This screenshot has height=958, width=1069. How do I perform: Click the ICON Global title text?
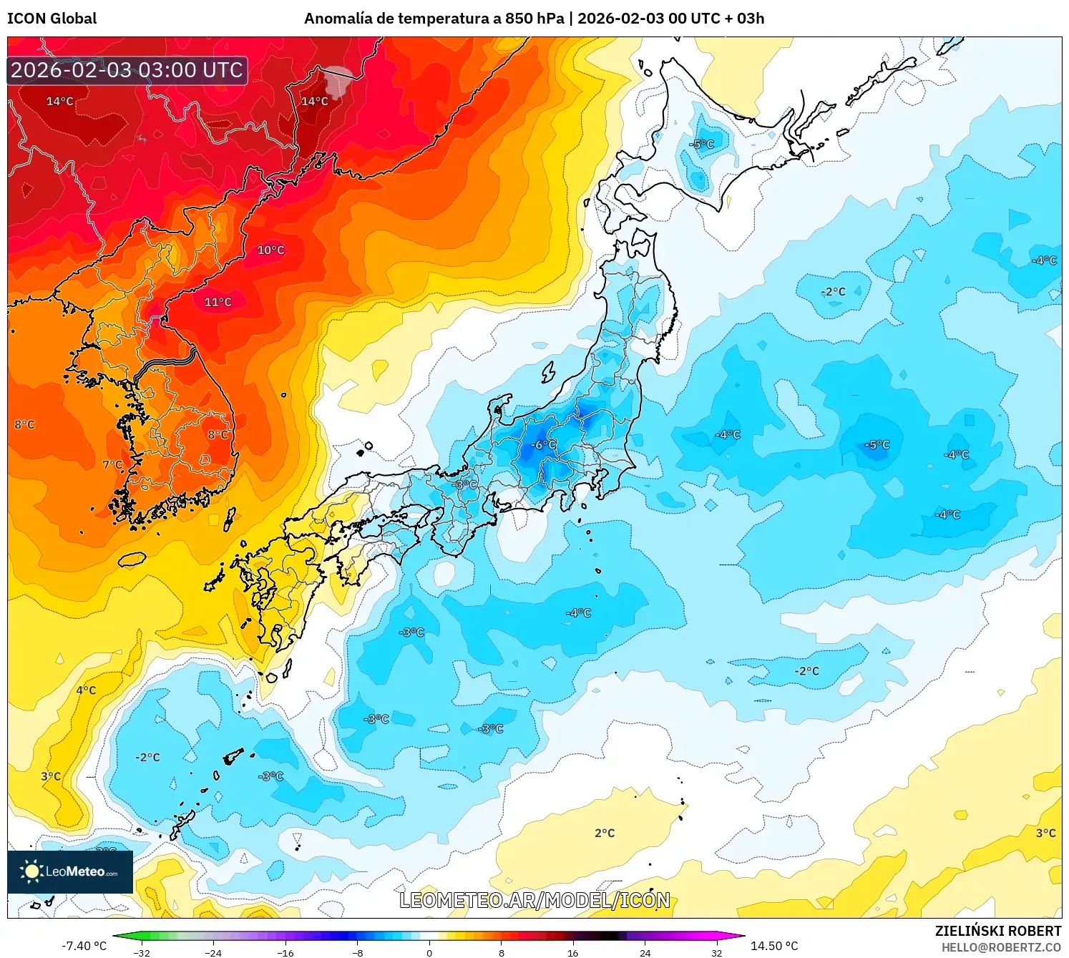pyautogui.click(x=52, y=19)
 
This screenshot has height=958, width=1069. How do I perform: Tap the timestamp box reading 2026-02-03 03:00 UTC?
pyautogui.click(x=127, y=70)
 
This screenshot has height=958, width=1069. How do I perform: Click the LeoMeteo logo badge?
pyautogui.click(x=70, y=871)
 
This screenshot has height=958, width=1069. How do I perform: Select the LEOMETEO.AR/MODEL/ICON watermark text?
pyautogui.click(x=534, y=900)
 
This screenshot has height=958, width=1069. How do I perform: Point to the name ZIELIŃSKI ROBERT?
pyautogui.click(x=998, y=931)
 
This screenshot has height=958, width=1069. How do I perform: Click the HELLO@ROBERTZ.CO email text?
pyautogui.click(x=1001, y=947)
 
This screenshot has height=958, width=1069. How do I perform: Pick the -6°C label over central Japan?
pyautogui.click(x=543, y=445)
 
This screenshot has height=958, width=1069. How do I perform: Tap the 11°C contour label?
pyautogui.click(x=218, y=302)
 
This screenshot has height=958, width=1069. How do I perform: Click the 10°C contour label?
pyautogui.click(x=271, y=250)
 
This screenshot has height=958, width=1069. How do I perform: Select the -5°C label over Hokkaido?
pyautogui.click(x=702, y=144)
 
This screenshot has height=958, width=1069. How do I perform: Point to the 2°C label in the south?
pyautogui.click(x=605, y=833)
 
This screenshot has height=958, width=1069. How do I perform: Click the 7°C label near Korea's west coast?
pyautogui.click(x=112, y=464)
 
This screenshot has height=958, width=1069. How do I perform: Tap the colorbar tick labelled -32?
pyautogui.click(x=142, y=952)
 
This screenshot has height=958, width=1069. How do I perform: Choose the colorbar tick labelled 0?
pyautogui.click(x=429, y=952)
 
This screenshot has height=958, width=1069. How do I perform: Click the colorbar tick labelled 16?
pyautogui.click(x=572, y=952)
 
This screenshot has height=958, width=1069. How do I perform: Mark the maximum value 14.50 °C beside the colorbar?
pyautogui.click(x=774, y=946)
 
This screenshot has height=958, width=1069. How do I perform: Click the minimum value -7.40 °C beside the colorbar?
pyautogui.click(x=84, y=946)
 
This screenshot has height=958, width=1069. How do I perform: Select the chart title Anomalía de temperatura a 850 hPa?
pyautogui.click(x=434, y=19)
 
